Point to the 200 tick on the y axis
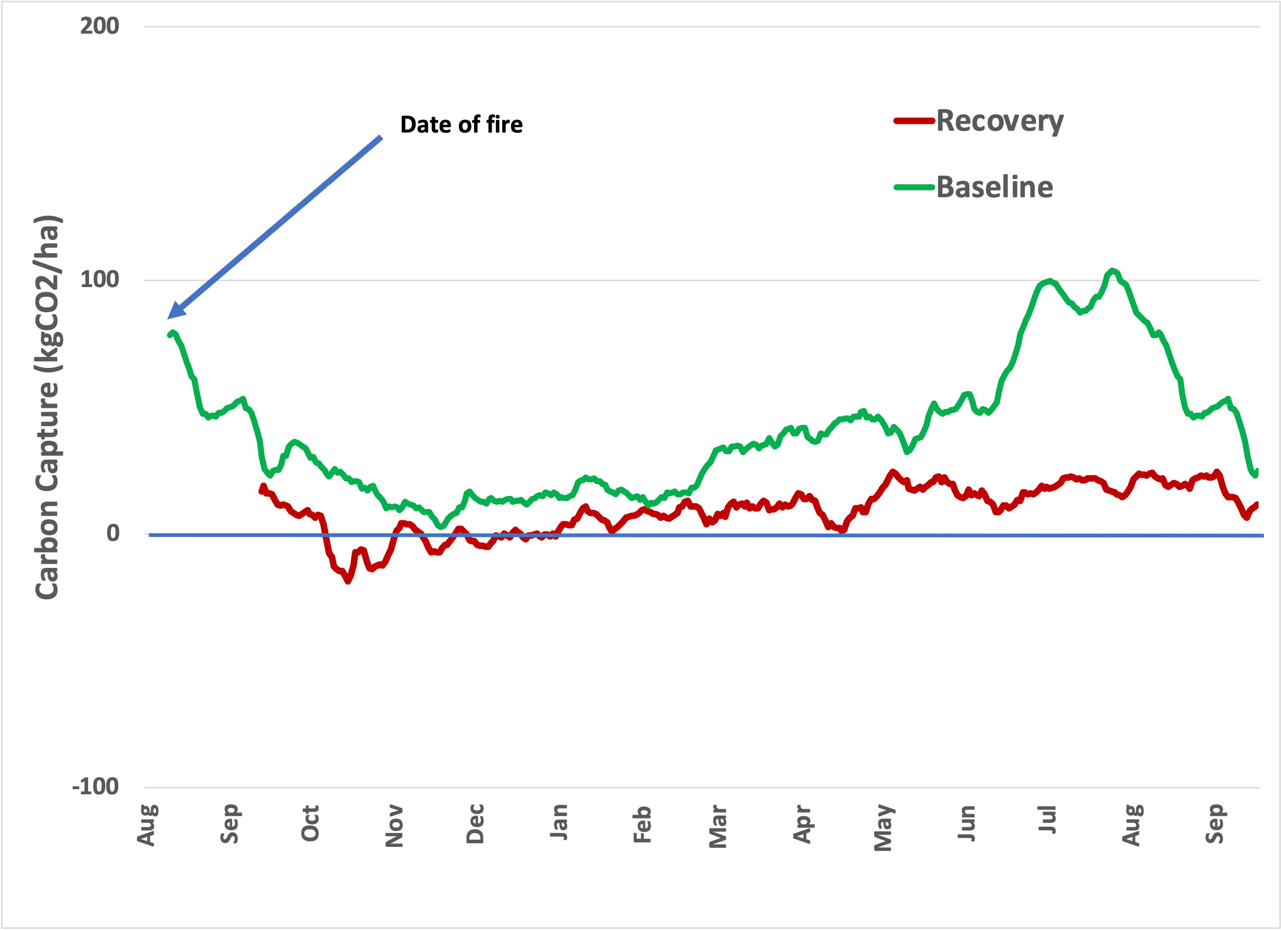click(x=99, y=26)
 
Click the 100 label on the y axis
click(x=99, y=279)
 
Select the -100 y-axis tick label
click(x=95, y=787)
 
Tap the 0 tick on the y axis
click(x=113, y=533)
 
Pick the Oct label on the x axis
click(x=310, y=824)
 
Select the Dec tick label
click(x=475, y=824)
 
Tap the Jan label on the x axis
click(x=559, y=822)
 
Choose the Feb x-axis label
click(x=642, y=824)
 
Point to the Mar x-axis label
click(x=718, y=827)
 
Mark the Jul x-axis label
click(x=1047, y=820)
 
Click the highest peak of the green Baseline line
click(x=1112, y=270)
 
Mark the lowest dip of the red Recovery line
click(x=347, y=581)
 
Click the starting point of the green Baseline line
click(x=169, y=335)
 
